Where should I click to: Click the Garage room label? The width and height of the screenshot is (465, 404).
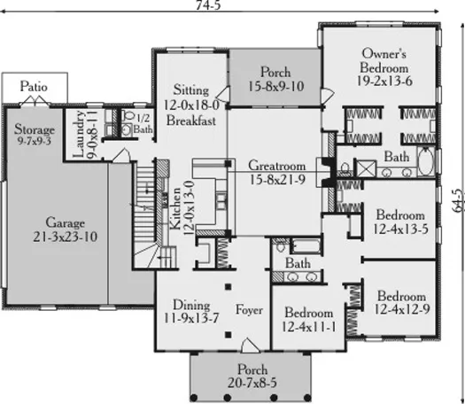(x=66, y=222)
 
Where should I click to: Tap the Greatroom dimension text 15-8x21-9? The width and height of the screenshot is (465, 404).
(x=277, y=180)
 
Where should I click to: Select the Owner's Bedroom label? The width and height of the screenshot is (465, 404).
(x=384, y=61)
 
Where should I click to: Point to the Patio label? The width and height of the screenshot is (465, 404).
(x=34, y=87)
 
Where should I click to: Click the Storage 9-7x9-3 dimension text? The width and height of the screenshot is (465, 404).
(x=35, y=141)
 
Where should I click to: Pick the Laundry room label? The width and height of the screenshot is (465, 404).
(x=79, y=134)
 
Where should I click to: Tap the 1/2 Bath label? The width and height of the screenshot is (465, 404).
(x=143, y=124)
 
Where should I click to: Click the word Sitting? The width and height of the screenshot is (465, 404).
(x=191, y=89)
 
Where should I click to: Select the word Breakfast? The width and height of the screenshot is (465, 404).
(x=191, y=120)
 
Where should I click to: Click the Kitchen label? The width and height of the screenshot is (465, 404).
(x=175, y=208)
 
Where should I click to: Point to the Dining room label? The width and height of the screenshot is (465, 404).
(x=191, y=305)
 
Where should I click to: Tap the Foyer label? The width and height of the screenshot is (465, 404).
(x=249, y=310)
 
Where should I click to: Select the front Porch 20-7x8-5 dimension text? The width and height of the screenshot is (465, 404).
(x=252, y=383)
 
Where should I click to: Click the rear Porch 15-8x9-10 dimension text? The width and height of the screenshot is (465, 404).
(x=275, y=86)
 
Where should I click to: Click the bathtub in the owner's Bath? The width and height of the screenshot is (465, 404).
(x=426, y=162)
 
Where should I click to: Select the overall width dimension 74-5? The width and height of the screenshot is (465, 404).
(x=208, y=5)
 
